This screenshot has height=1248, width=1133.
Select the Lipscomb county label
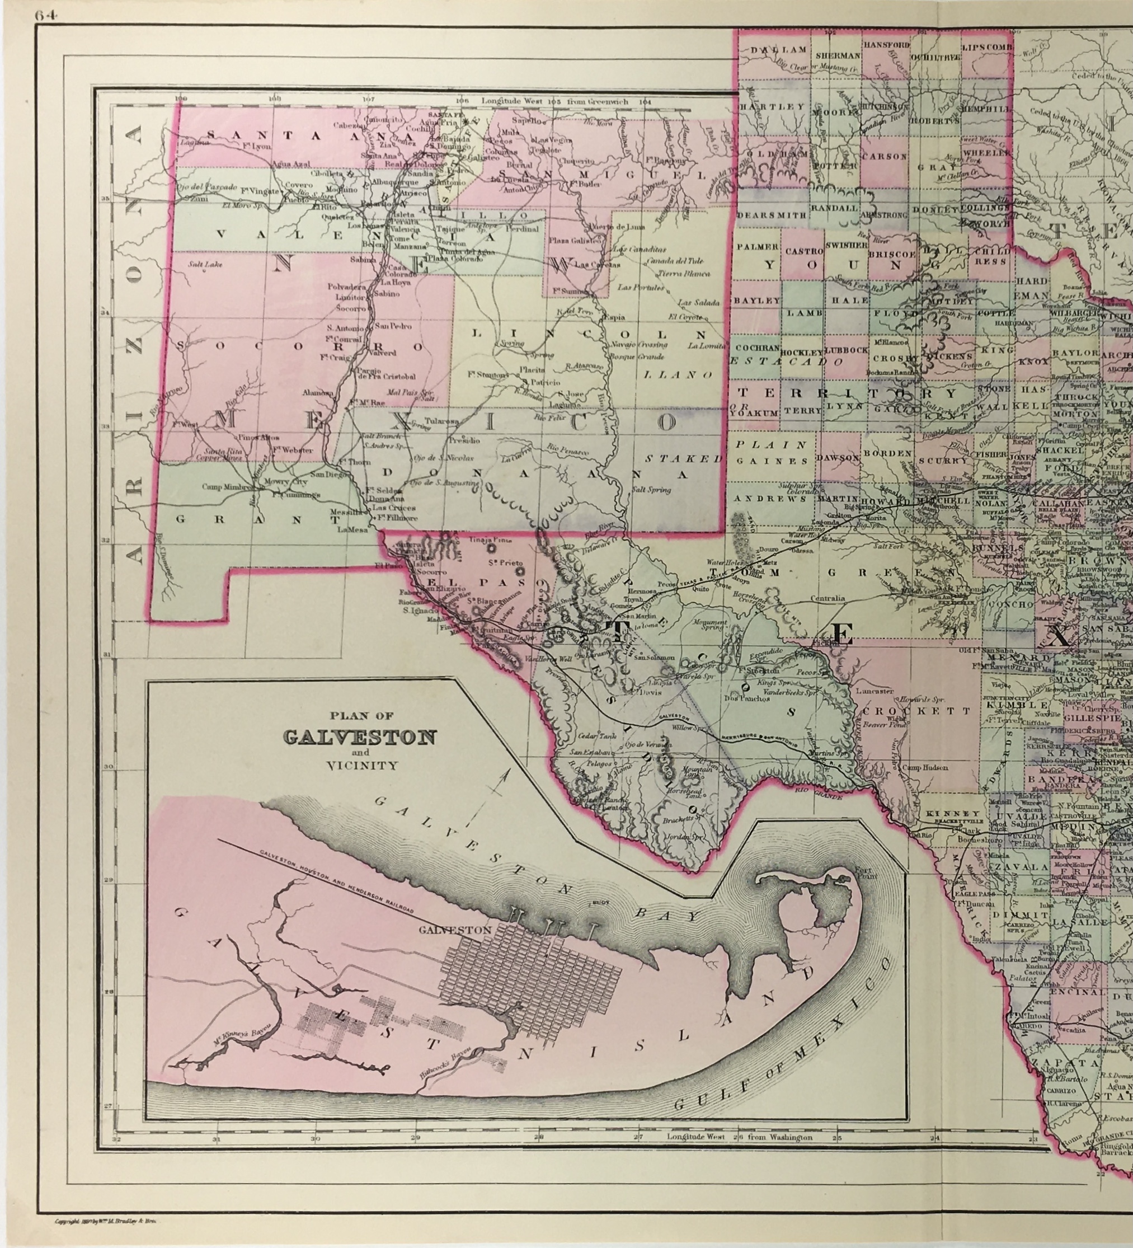[x=986, y=48]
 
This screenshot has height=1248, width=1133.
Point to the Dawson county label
[x=837, y=457]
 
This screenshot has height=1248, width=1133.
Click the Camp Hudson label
[x=924, y=768]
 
